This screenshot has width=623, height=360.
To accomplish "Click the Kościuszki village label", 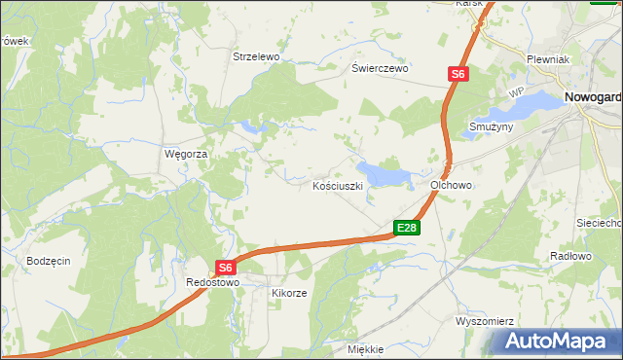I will [x=338, y=185].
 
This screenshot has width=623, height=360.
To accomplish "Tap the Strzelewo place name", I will [x=256, y=57].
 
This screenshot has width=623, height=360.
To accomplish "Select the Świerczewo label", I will [x=380, y=69].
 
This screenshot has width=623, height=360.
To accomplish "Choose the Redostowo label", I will [x=212, y=282].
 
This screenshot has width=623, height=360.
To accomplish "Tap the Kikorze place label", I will [x=290, y=293].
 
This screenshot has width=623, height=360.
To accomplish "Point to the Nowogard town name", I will [x=593, y=96].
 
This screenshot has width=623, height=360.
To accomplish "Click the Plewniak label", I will [x=547, y=59].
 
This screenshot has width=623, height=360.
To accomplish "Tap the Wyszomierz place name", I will [x=484, y=320].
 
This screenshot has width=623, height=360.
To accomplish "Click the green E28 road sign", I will [x=407, y=228].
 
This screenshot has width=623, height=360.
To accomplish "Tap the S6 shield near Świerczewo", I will [x=458, y=73].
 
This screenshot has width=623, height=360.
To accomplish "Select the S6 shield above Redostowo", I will [x=225, y=268].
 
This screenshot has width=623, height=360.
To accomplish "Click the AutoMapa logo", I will [x=559, y=342].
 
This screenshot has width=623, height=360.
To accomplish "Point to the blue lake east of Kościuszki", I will [x=386, y=175].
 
